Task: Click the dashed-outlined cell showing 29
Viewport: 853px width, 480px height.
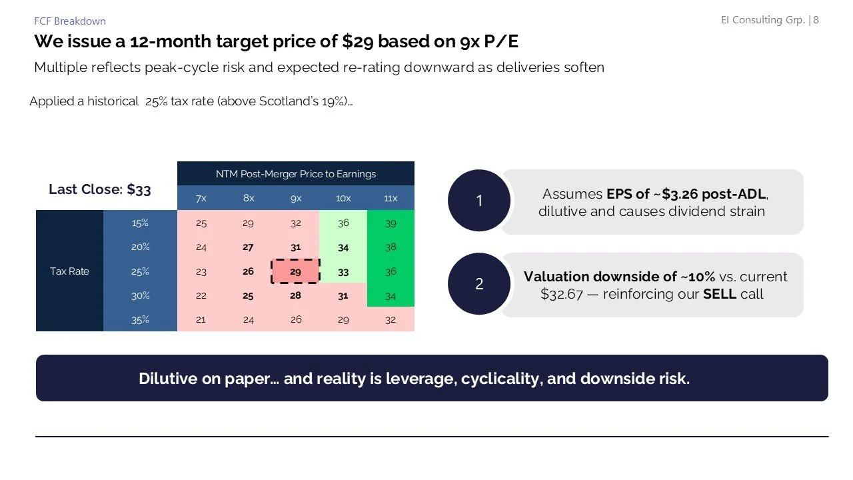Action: coord(295,271)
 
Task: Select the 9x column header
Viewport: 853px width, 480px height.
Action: coord(295,198)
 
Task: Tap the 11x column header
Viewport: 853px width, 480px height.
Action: coord(391,198)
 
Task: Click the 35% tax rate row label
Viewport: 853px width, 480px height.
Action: coord(140,319)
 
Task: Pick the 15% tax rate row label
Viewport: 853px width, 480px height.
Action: coord(140,223)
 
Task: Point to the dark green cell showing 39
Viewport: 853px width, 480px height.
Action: coord(391,223)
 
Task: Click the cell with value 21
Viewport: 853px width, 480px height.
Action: coord(201,319)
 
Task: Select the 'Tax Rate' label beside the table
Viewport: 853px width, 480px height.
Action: coord(69,271)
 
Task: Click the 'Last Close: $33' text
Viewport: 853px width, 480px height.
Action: coord(100,189)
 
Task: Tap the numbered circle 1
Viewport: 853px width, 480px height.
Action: coord(479,201)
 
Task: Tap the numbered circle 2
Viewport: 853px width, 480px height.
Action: coord(479,284)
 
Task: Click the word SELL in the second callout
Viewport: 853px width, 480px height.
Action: coord(720,293)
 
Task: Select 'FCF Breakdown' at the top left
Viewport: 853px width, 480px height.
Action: coord(70,21)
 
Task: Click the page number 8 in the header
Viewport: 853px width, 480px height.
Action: coord(816,20)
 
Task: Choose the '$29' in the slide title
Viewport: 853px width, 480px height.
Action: coord(357,41)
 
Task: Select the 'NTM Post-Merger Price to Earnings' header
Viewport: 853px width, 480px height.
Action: coord(295,174)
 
